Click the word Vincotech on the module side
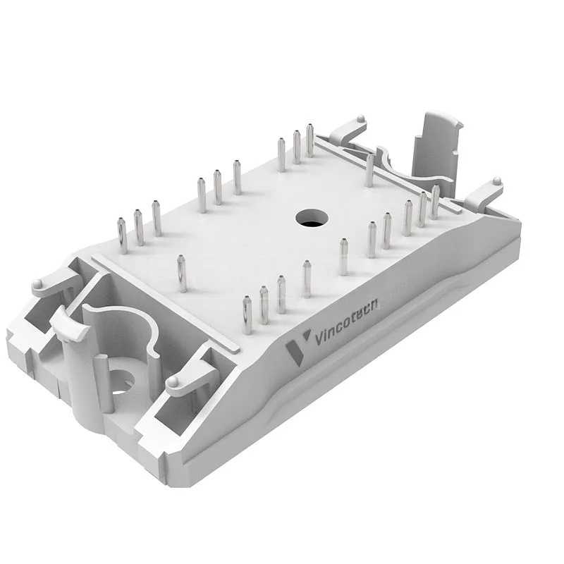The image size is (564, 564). point(346,322)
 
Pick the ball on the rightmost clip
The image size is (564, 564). point(498,180)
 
